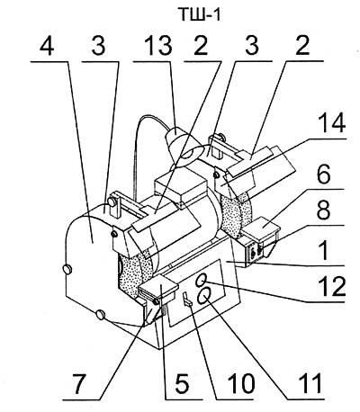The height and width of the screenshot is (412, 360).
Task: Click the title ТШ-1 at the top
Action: click(x=200, y=14)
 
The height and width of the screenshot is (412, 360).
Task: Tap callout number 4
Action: click(x=47, y=47)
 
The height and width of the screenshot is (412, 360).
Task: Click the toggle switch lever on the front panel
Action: click(x=186, y=299)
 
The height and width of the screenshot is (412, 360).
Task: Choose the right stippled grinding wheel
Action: click(x=235, y=213)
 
